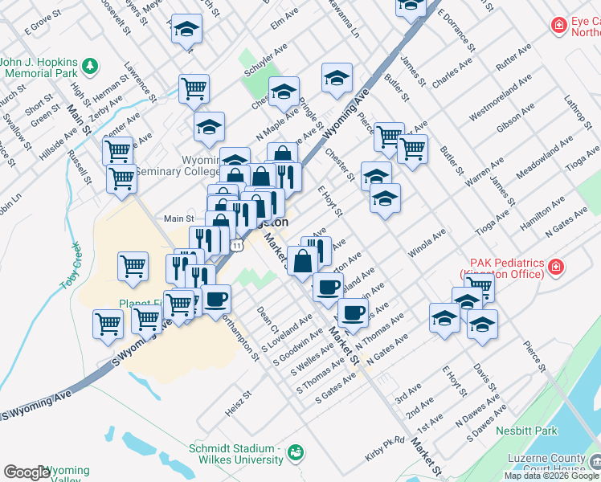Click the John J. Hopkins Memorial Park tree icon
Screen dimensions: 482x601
click(x=92, y=63)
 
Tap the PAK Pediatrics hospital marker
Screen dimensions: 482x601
click(x=555, y=266)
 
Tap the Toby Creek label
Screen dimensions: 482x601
click(x=71, y=266)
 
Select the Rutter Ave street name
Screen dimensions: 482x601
click(x=514, y=59)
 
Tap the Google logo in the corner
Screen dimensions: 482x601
click(x=27, y=472)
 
